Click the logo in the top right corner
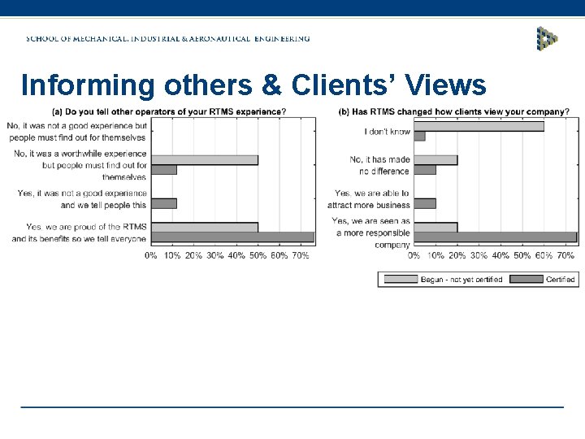pyautogui.click(x=547, y=38)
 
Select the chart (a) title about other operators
pyautogui.click(x=168, y=111)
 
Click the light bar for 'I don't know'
pyautogui.click(x=479, y=126)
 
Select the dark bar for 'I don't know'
pyautogui.click(x=419, y=137)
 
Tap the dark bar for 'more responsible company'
pyautogui.click(x=495, y=237)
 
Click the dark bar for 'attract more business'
pyautogui.click(x=425, y=203)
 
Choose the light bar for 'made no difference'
pyautogui.click(x=435, y=160)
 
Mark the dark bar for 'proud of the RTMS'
pyautogui.click(x=232, y=237)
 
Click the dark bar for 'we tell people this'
pyautogui.click(x=164, y=203)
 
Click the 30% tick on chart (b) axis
pyautogui.click(x=479, y=255)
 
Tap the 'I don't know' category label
pyautogui.click(x=388, y=131)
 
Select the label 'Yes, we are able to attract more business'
pyautogui.click(x=371, y=198)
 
